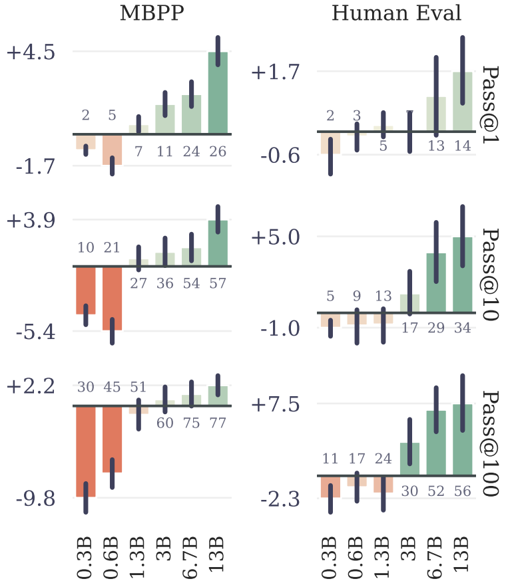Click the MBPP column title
click(x=151, y=13)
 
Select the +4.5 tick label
click(x=31, y=52)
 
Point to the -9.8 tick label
click(x=35, y=498)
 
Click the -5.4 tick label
click(x=35, y=330)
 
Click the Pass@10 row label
click(x=491, y=275)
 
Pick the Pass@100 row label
click(x=491, y=444)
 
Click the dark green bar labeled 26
click(x=218, y=92)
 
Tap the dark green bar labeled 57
click(x=218, y=243)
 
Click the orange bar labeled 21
click(x=112, y=298)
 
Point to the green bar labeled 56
click(x=462, y=439)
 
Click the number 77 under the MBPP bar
click(x=218, y=423)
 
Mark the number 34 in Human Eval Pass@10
click(x=462, y=328)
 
